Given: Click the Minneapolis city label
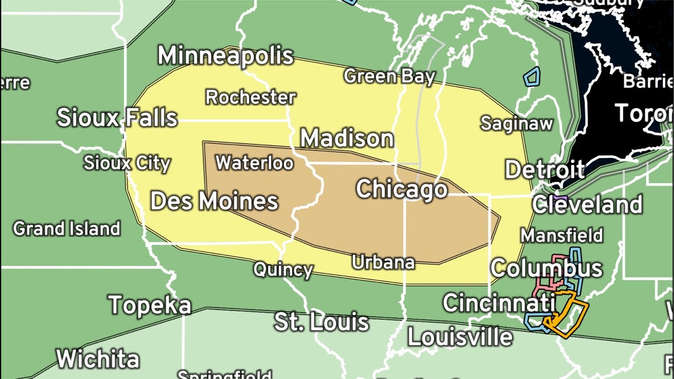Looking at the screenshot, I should click(x=225, y=56).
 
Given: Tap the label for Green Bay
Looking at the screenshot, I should click(x=390, y=76).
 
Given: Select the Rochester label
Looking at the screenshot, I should click(x=251, y=97).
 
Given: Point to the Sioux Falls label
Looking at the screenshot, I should click(x=117, y=117).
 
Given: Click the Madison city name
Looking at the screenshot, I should click(x=347, y=138).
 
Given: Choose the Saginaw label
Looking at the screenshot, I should click(x=517, y=124).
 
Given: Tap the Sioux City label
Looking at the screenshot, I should click(x=127, y=163).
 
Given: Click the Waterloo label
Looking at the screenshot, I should click(x=254, y=163).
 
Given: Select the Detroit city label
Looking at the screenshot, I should click(x=544, y=170).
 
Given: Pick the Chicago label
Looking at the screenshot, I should click(x=402, y=189).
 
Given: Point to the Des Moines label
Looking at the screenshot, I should click(x=214, y=201).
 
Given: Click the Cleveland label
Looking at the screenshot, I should click(x=587, y=205).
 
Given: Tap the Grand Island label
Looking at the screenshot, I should click(x=67, y=229).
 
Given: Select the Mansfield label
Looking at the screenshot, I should click(x=562, y=235).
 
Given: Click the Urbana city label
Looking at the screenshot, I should click(x=383, y=262).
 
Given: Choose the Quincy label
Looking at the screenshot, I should click(x=283, y=270).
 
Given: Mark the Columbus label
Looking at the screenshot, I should click(x=547, y=268).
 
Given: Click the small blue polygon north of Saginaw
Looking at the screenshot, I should click(x=532, y=77).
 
